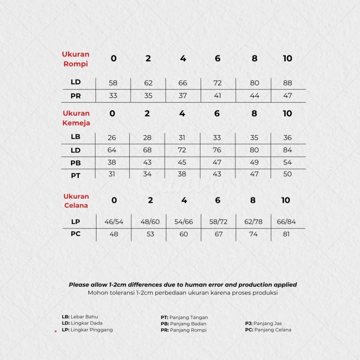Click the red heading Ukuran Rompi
(x=76, y=59)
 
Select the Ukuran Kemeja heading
(x=76, y=118)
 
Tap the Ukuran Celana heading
(x=76, y=201)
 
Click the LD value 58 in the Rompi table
(x=113, y=83)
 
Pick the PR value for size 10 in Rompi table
(x=288, y=96)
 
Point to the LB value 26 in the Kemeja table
(x=112, y=138)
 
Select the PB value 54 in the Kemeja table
(x=288, y=162)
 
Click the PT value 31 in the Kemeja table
(x=112, y=174)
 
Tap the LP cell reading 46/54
(x=114, y=222)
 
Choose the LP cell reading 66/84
(x=287, y=222)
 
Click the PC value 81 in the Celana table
(x=286, y=234)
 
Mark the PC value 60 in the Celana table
(x=184, y=234)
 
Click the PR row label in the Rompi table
(x=76, y=96)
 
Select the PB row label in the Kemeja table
(x=76, y=163)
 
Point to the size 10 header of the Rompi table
(x=288, y=59)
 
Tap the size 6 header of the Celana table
(x=218, y=200)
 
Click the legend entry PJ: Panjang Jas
(x=263, y=323)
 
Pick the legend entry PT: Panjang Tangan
(x=184, y=317)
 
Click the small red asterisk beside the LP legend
(x=56, y=331)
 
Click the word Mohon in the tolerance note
(x=97, y=293)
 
